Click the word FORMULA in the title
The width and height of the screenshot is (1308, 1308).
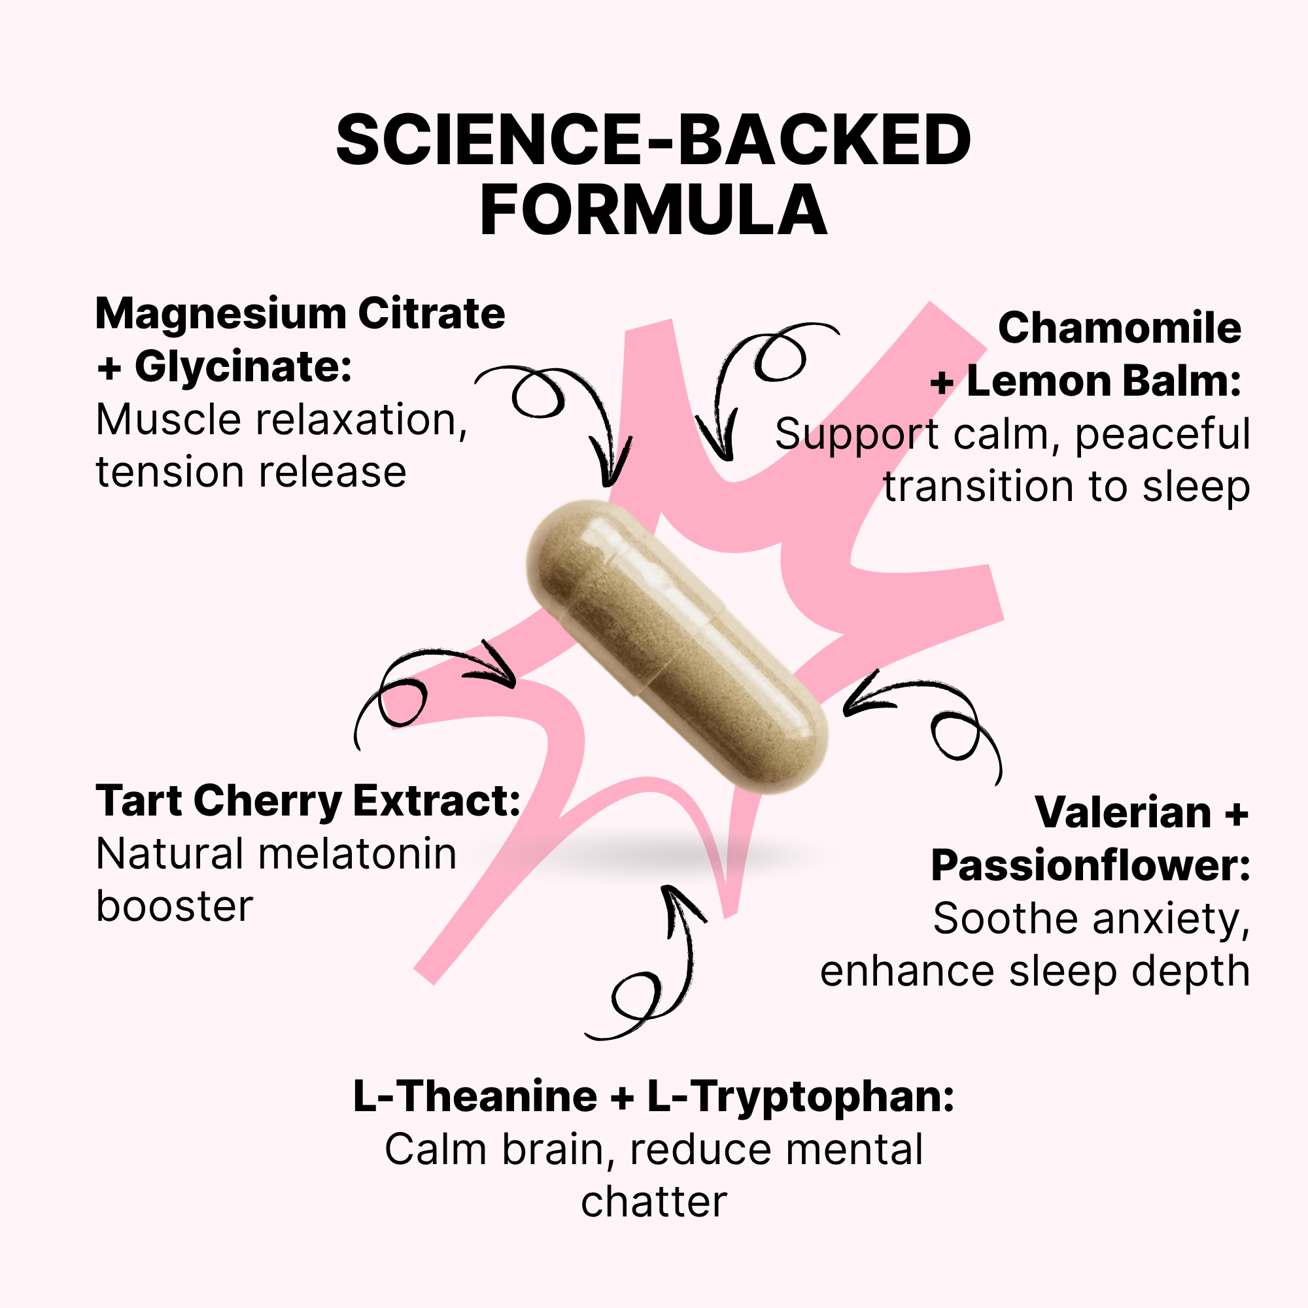653,210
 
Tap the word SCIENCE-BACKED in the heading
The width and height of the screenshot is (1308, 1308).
653,139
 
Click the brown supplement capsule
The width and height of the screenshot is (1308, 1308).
677,647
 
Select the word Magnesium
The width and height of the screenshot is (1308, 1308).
220,315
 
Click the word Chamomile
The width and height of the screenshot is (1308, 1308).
1120,328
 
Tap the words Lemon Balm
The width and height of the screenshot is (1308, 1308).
1104,381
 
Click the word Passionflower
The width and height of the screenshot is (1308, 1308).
1091,866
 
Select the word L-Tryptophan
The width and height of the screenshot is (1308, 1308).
801,1097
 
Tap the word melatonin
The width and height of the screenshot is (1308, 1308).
351,853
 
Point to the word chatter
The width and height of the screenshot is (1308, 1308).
654,1203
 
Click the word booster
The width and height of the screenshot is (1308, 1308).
175,906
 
